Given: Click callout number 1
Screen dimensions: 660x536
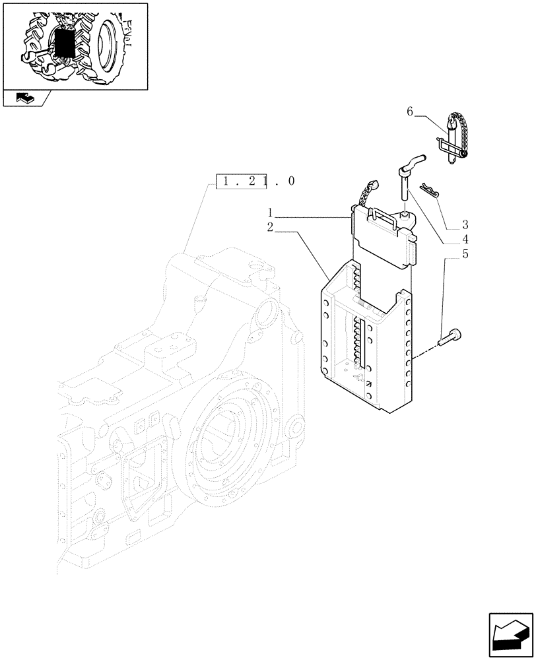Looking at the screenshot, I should [271, 213].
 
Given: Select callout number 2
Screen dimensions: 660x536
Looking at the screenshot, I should [271, 228].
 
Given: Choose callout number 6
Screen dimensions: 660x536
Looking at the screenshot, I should [410, 112].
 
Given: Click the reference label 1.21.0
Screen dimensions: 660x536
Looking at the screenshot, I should [256, 181].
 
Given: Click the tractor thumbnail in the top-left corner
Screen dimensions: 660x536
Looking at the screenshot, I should [75, 45].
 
